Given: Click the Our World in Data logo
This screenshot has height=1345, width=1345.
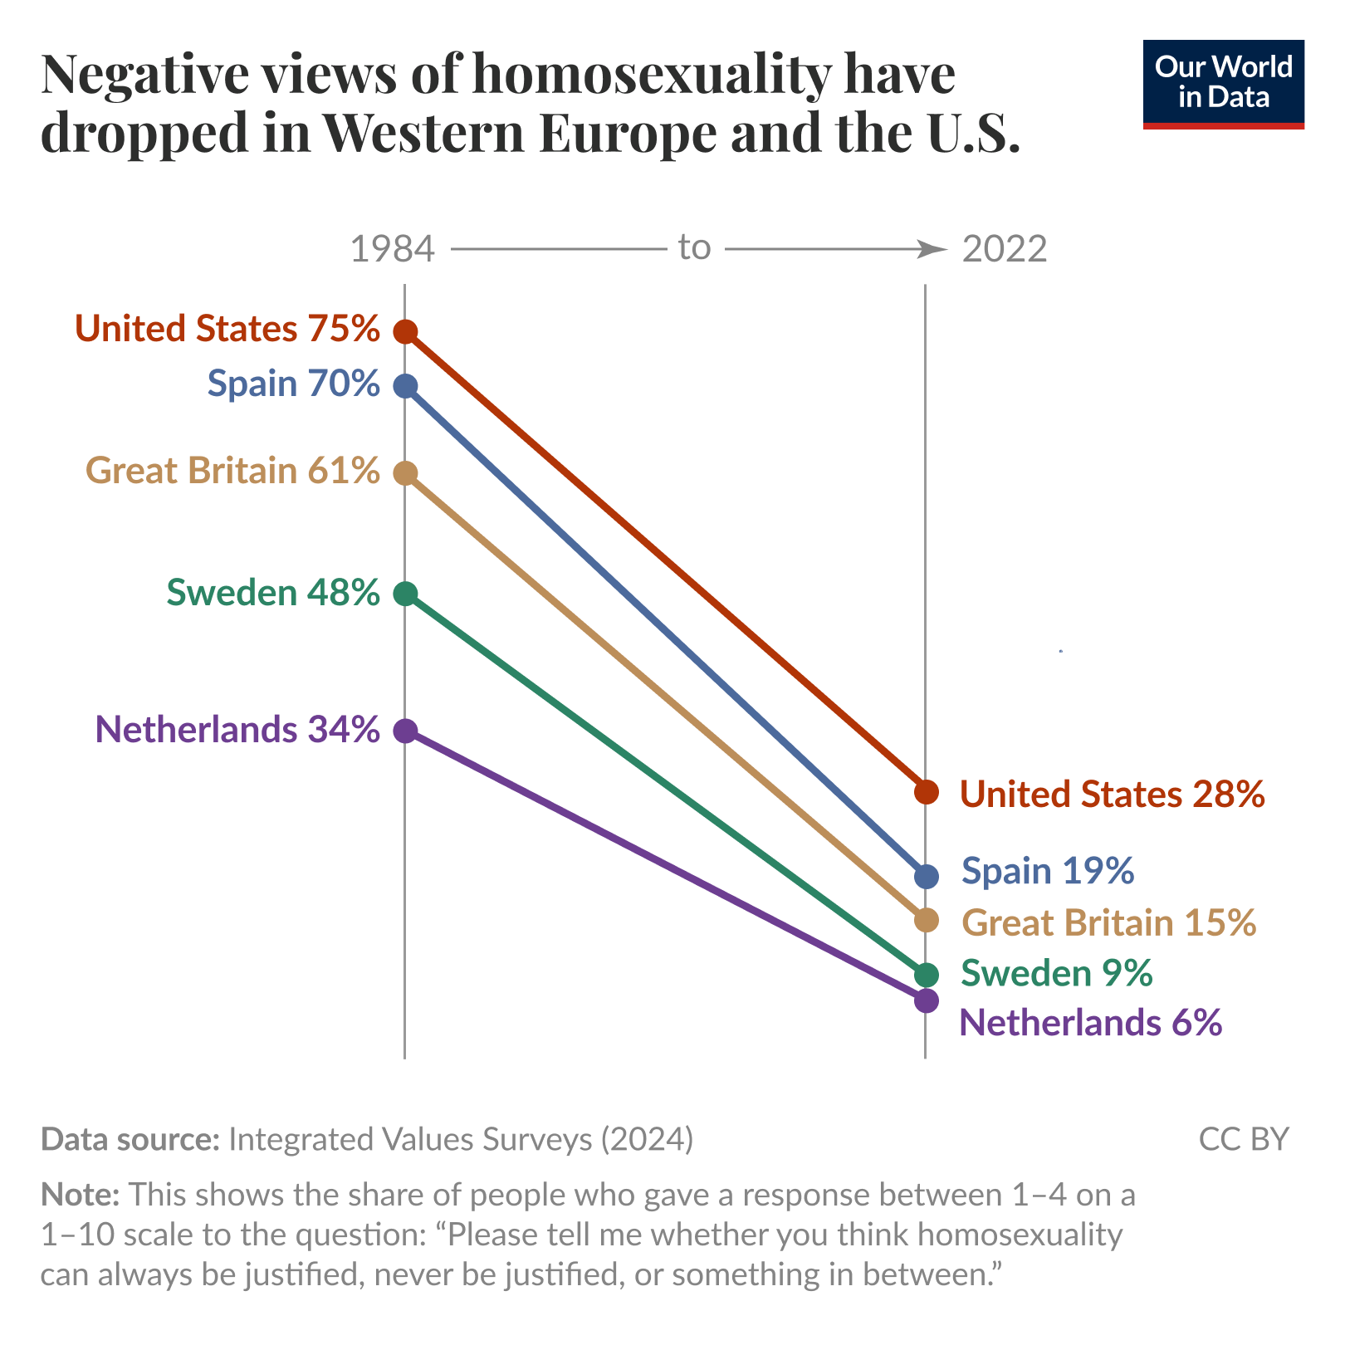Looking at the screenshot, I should [x=1223, y=84].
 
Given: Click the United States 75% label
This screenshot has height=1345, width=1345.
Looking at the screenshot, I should [x=227, y=329].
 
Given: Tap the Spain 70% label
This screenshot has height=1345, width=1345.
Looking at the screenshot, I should [x=293, y=384].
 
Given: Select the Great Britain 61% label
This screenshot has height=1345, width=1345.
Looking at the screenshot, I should [x=232, y=471].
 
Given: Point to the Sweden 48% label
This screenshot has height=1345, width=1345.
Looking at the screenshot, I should [x=273, y=593].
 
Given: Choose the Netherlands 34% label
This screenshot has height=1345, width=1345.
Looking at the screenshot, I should [x=237, y=730].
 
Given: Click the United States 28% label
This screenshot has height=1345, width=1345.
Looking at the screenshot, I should [x=1112, y=795].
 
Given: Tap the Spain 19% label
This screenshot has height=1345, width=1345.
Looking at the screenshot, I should [x=1048, y=872].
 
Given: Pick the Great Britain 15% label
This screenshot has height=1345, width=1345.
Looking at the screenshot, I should [x=1108, y=923].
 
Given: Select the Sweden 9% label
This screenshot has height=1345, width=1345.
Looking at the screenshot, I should [x=1056, y=973].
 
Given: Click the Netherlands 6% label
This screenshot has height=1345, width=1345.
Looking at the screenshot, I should [x=1090, y=1023].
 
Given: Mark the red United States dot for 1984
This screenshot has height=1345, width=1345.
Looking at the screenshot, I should [x=405, y=332].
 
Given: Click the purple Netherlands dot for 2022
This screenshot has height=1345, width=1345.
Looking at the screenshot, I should [x=927, y=1000].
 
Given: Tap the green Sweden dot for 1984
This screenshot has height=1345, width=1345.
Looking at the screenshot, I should [x=405, y=594].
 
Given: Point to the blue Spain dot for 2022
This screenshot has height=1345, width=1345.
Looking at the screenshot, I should [x=927, y=876].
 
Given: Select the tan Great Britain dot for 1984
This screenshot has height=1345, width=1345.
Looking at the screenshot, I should [x=405, y=473].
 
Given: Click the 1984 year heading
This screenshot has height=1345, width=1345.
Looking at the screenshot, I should [x=393, y=249].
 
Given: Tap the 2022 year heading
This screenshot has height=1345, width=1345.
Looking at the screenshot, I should [x=1005, y=249].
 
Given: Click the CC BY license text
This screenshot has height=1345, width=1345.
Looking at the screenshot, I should [x=1244, y=1139].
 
